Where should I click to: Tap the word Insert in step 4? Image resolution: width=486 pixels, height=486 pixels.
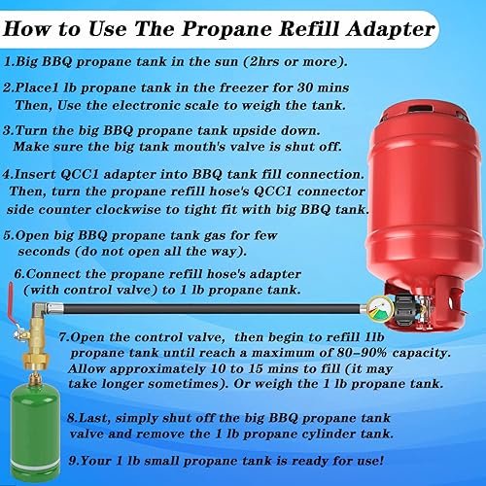click(x=42, y=174)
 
